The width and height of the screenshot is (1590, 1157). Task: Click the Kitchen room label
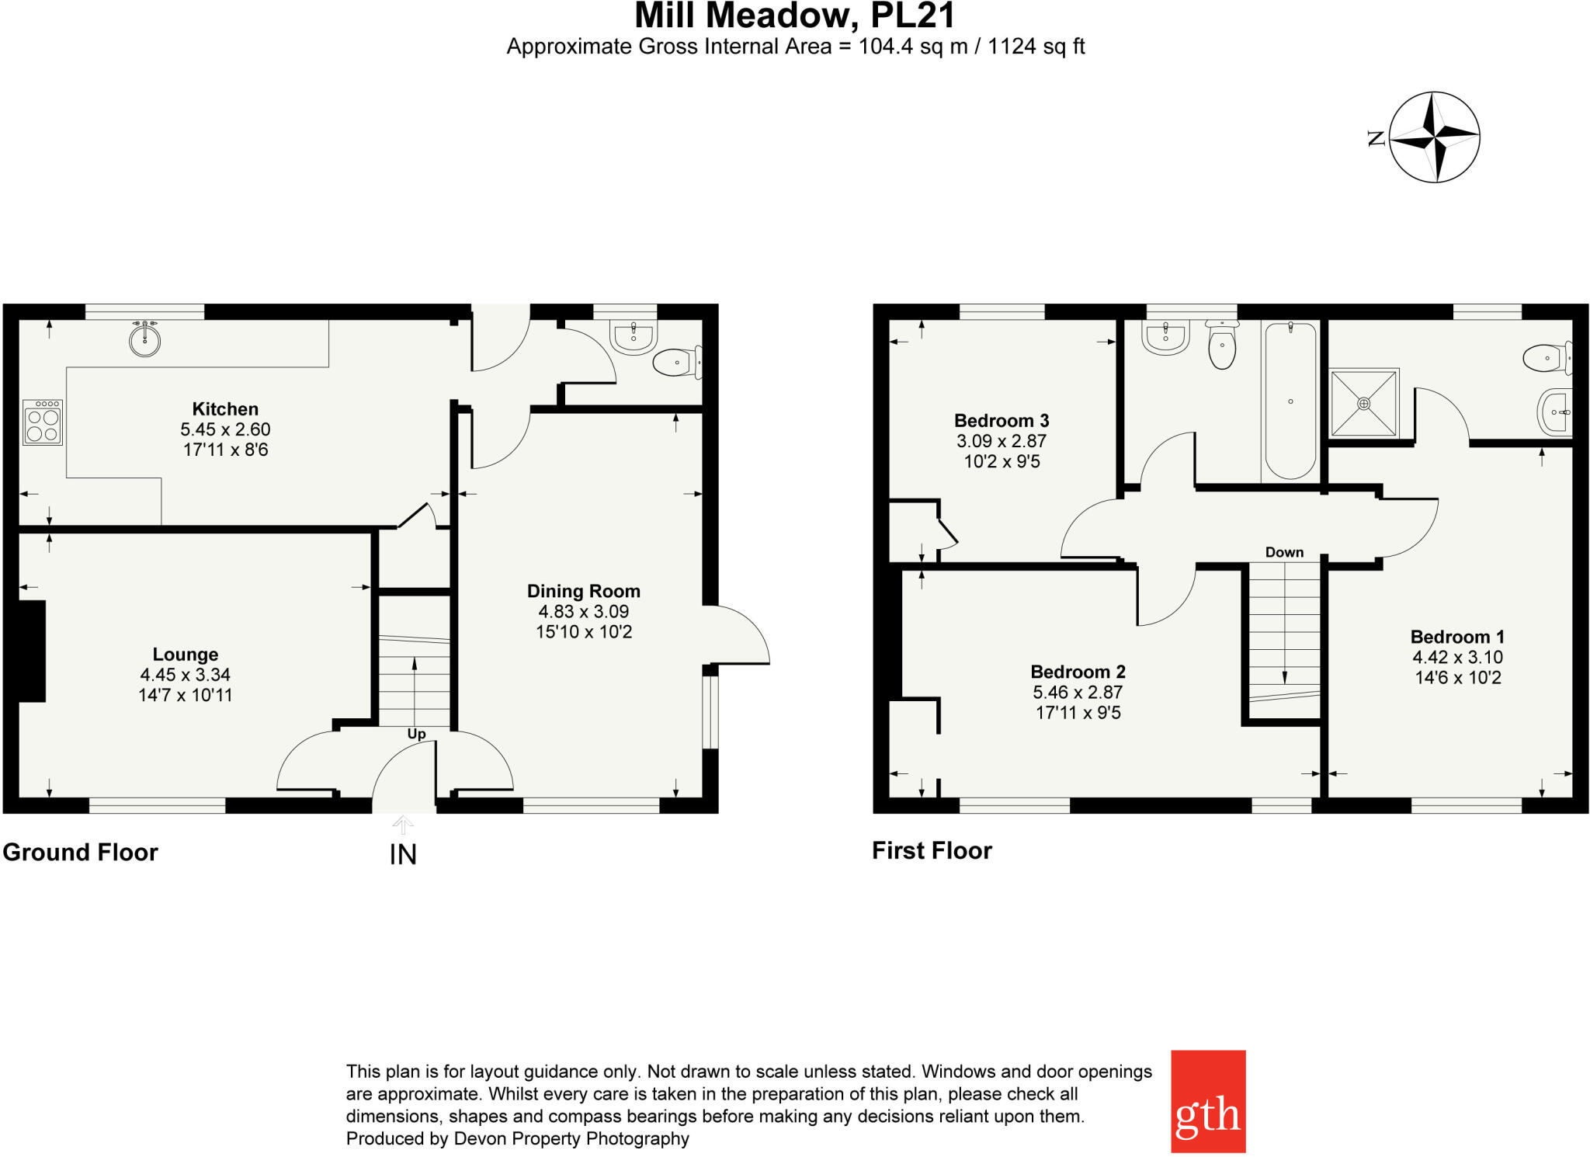pos(225,409)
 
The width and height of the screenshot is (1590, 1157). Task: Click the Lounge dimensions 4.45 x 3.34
pos(185,675)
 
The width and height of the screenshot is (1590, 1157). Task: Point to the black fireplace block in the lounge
pos(32,651)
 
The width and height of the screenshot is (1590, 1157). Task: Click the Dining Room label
pos(583,592)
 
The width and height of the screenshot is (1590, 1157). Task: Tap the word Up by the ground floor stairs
pos(417,734)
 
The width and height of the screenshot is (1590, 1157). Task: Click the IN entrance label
pos(403,854)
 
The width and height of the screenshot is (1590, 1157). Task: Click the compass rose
pos(1434,137)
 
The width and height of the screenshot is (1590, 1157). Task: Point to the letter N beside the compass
pos(1376,139)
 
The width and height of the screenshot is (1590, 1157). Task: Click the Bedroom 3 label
pos(1002,421)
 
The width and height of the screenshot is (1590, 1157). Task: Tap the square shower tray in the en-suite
pos(1363,403)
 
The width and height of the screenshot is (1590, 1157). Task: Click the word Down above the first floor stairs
pos(1284,552)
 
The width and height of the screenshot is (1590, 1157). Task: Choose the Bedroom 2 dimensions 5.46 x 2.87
pos(1078,692)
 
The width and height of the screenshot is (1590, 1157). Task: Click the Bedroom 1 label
pos(1457,637)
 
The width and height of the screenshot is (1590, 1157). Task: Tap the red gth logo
pos(1208,1101)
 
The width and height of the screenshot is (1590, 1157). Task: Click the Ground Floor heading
pos(81,852)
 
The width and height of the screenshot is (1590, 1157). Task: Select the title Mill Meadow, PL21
pos(795,16)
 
